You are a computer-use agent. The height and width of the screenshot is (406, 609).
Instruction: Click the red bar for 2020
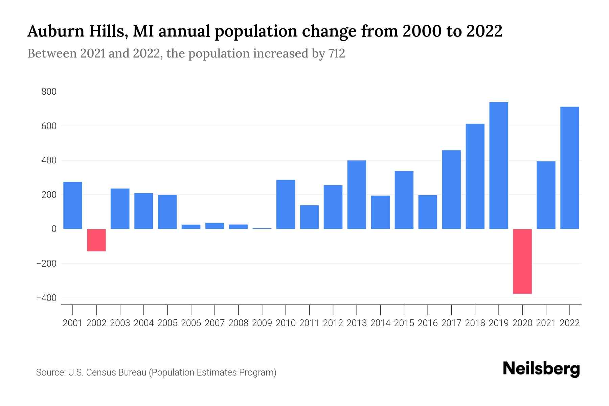click(522, 261)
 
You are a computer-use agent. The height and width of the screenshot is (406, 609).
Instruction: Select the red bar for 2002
click(96, 240)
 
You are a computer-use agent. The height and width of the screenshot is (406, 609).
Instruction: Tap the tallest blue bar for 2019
click(499, 165)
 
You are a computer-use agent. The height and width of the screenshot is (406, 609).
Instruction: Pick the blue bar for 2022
click(570, 168)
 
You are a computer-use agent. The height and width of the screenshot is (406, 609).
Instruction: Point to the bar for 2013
click(357, 195)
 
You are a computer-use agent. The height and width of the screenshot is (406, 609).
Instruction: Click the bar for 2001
click(73, 205)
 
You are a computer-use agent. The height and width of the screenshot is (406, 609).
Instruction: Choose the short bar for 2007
click(215, 226)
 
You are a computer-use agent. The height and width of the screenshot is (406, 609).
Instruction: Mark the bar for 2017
click(451, 189)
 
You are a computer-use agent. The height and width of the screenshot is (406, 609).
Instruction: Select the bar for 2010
click(286, 204)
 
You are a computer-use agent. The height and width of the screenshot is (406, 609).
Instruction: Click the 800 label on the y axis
click(49, 92)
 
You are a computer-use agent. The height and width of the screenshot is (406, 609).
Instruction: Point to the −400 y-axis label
click(46, 298)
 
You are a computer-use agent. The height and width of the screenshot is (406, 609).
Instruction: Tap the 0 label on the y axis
click(54, 229)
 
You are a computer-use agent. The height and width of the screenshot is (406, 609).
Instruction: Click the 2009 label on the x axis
click(262, 323)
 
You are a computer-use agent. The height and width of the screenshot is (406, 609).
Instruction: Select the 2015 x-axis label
click(404, 323)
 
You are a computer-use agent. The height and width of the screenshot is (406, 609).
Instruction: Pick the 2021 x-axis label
click(546, 323)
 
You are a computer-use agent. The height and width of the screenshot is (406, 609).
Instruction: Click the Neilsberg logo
click(541, 369)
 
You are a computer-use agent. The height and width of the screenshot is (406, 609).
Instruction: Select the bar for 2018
click(475, 176)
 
